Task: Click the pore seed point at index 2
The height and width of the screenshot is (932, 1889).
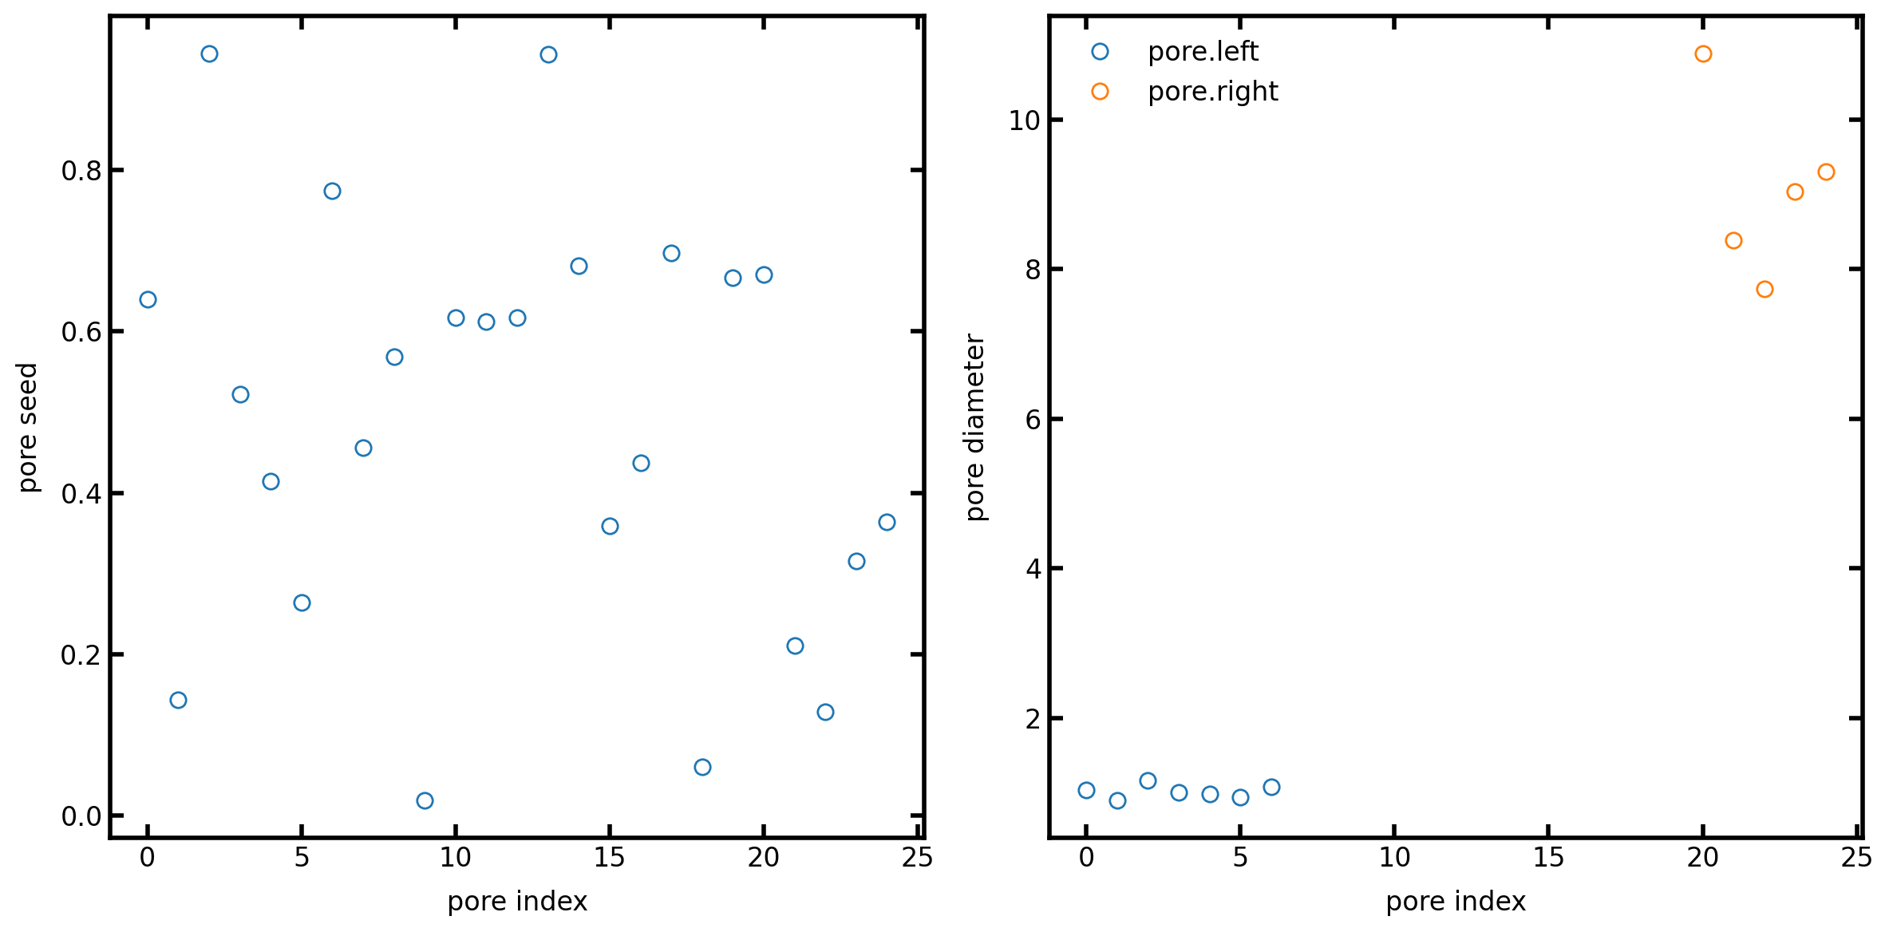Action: pos(209,54)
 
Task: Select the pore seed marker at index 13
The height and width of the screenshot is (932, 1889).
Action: pos(548,55)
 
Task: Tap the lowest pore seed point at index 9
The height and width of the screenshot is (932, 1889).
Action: pos(425,800)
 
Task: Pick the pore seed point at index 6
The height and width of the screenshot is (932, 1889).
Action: pos(332,192)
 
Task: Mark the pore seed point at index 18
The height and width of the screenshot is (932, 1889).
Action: pos(702,767)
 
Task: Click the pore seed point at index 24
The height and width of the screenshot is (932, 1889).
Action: pos(887,523)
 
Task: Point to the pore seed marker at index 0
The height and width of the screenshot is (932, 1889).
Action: pos(148,300)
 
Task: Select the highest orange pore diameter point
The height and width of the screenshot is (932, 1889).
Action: pos(1703,54)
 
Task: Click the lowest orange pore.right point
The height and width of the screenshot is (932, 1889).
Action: pos(1765,290)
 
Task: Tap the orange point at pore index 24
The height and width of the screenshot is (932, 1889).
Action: pos(1826,172)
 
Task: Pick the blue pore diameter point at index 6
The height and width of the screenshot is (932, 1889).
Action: pos(1271,788)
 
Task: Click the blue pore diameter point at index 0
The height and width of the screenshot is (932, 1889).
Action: pos(1086,791)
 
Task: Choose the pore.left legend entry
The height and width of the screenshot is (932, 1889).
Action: pos(1202,52)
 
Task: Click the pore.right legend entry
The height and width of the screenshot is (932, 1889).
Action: pos(1212,92)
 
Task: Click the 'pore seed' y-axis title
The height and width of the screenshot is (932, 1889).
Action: pos(28,427)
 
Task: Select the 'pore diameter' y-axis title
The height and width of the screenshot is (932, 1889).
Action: pos(975,427)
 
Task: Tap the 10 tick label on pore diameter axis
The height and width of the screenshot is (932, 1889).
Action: pos(1025,120)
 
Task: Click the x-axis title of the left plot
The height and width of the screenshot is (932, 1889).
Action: pos(517,901)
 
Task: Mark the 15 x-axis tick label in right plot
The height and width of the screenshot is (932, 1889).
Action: pos(1548,858)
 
